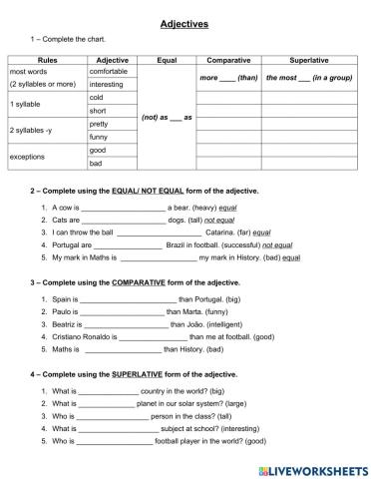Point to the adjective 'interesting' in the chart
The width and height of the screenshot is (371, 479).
point(107,85)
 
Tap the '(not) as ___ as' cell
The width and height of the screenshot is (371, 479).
point(167,118)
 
